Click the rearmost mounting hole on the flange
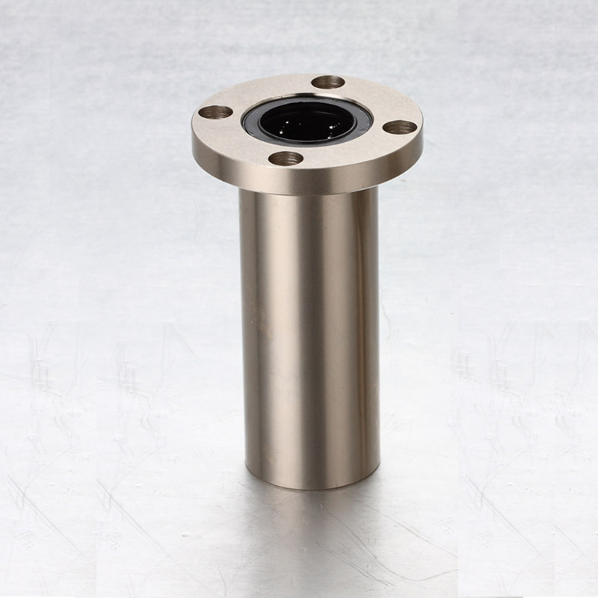pos(327,82)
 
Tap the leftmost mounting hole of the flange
pos(215,113)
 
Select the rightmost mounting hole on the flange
pos(400,127)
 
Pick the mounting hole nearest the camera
pos(286,158)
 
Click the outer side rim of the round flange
pos(306,179)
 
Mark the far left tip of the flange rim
pos(194,131)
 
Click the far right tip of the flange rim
pos(422,135)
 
